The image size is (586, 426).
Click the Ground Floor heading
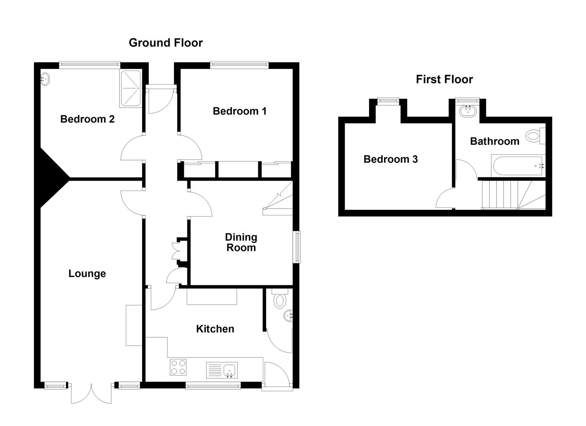coord(165,43)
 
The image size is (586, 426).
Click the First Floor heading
coord(444,79)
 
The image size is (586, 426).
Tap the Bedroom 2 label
coord(87,119)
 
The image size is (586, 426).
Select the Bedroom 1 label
coord(239,111)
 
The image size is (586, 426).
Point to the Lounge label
coord(87,274)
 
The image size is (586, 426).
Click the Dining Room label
coord(241,242)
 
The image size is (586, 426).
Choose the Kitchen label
coord(215,329)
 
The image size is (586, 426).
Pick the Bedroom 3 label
coord(390,159)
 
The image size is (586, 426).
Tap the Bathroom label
coord(494,141)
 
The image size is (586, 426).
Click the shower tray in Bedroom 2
coord(131,89)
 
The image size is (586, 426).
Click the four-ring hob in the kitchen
coord(178,367)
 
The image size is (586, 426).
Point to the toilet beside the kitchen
coord(280,299)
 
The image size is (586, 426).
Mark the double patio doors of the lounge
coord(91,393)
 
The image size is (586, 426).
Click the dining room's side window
coord(296,247)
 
